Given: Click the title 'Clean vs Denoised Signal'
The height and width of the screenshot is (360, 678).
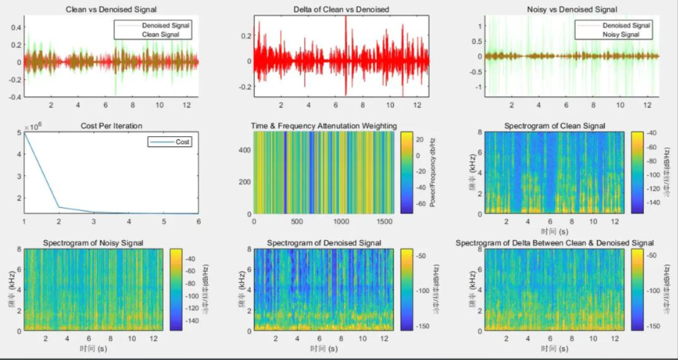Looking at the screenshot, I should (112, 8).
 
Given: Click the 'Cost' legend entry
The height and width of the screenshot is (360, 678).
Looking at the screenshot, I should (182, 142).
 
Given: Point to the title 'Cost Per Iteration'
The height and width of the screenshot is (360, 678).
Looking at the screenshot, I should (112, 125).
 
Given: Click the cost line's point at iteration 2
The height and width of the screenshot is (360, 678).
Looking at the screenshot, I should (59, 207).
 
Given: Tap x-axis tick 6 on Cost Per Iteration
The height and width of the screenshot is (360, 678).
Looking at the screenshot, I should (199, 222).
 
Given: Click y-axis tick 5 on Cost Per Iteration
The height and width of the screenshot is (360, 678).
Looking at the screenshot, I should (18, 134).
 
